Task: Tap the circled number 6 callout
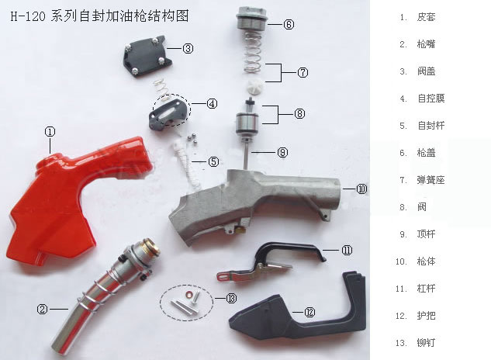tap(289, 24)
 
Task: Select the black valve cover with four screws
tap(147, 55)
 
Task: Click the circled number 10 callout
tap(361, 189)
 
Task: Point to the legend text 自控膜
tap(430, 99)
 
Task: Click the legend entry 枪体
tap(426, 261)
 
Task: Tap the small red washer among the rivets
tap(189, 295)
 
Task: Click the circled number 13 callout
tap(231, 298)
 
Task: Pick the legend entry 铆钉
tap(426, 343)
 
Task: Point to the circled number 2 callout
tap(42, 310)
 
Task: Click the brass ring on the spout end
tap(151, 247)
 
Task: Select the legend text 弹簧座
tap(430, 180)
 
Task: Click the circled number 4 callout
tap(212, 103)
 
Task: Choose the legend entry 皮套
tap(426, 17)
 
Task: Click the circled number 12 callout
tap(309, 312)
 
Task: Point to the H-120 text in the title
tap(28, 16)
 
